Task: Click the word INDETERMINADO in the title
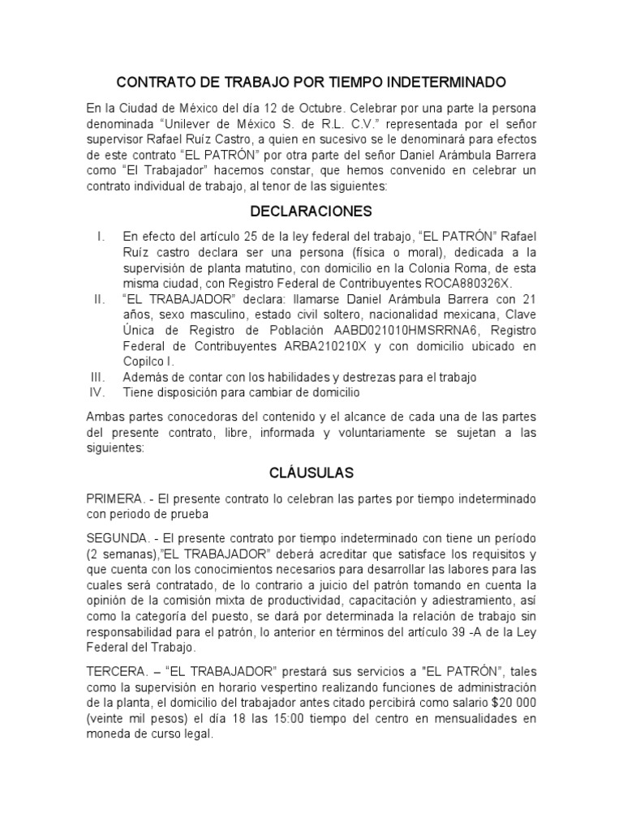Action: pyautogui.click(x=439, y=83)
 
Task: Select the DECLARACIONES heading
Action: pyautogui.click(x=311, y=212)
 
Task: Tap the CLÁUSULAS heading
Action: pyautogui.click(x=311, y=472)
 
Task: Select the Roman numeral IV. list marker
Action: pyautogui.click(x=98, y=393)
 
